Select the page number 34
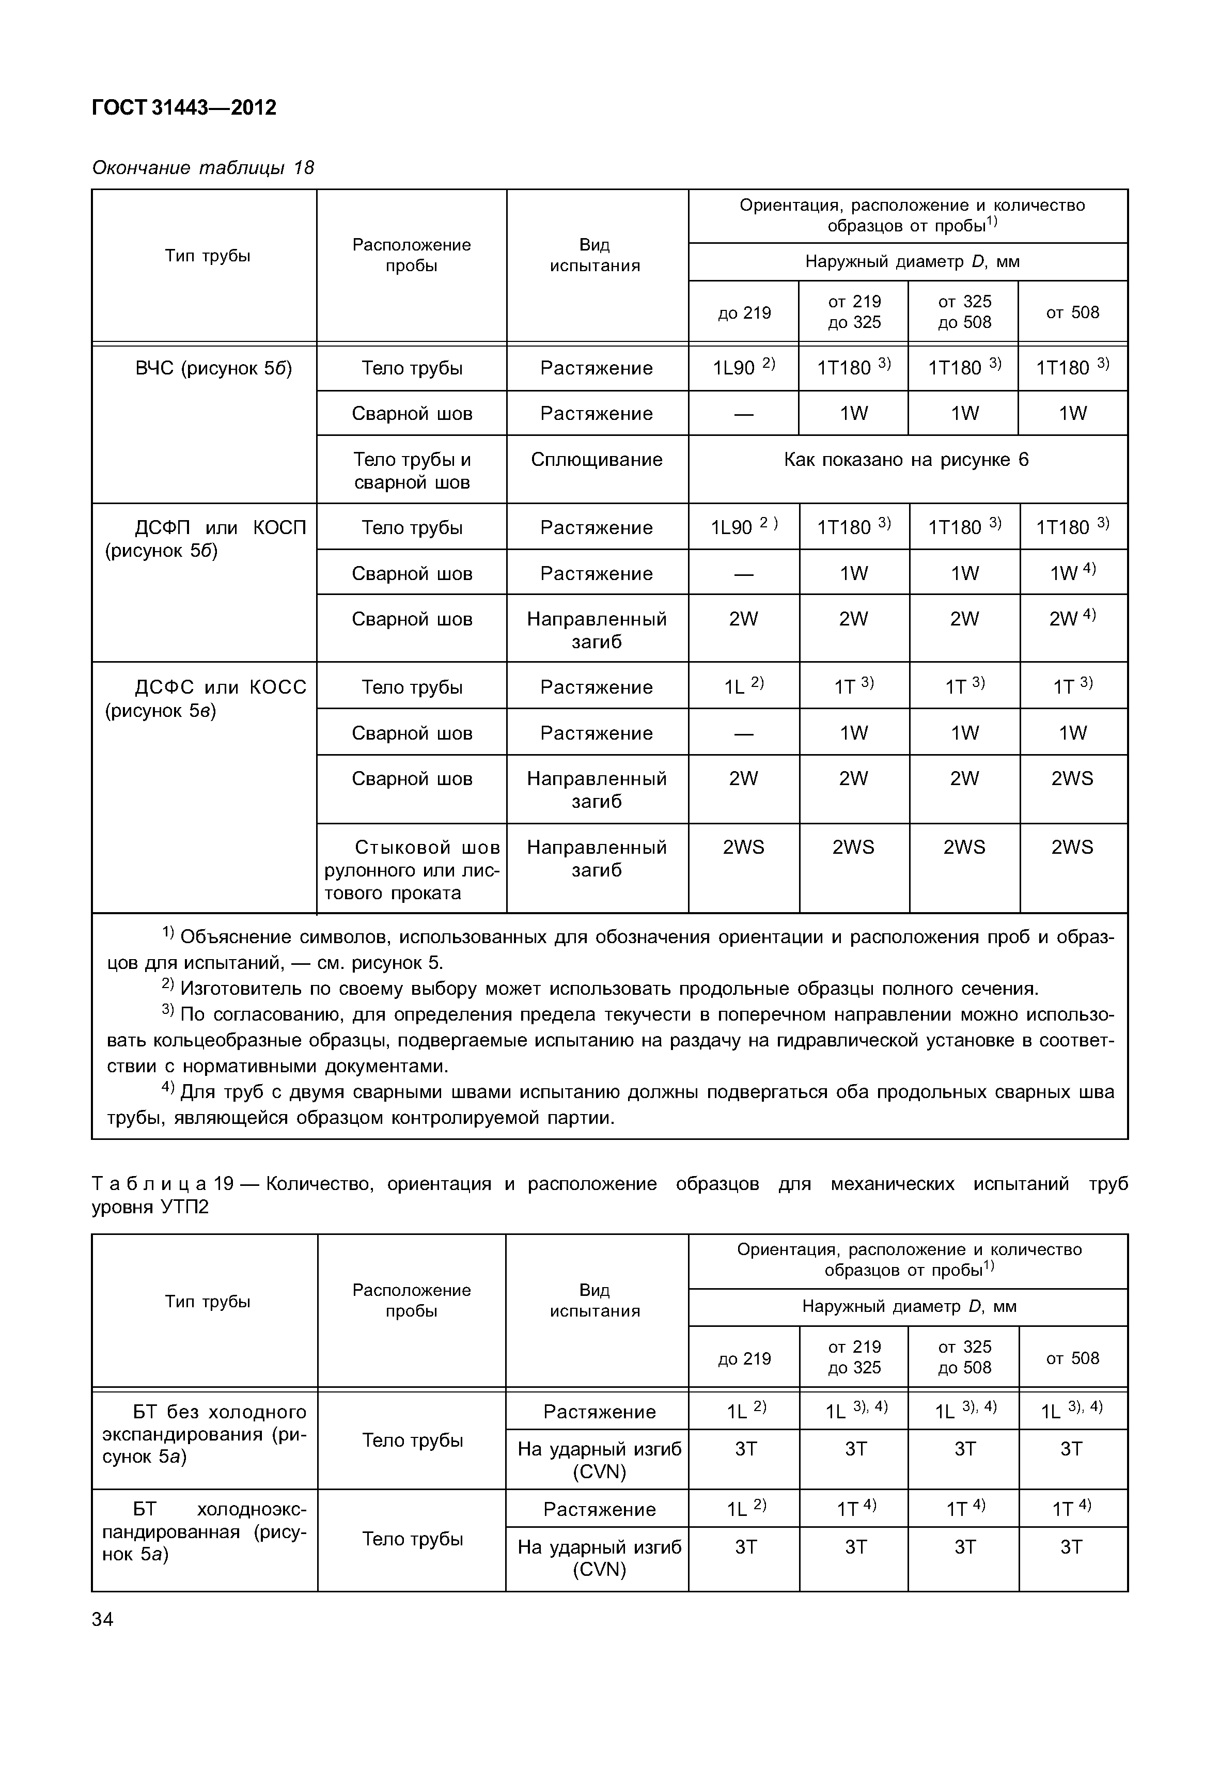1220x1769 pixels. point(102,1619)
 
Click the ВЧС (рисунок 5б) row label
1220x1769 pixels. point(213,368)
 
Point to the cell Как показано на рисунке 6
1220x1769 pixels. point(906,460)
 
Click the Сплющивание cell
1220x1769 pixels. point(596,460)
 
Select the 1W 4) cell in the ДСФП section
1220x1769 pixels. point(1072,573)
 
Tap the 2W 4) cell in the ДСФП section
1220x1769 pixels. point(1072,618)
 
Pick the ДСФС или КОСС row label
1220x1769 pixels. point(207,699)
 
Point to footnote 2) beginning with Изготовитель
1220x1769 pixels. point(600,989)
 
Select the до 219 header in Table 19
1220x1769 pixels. point(744,1358)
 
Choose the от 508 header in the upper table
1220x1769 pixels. point(1072,312)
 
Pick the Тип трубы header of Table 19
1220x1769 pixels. point(207,1301)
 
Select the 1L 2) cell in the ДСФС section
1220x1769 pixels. point(744,686)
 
